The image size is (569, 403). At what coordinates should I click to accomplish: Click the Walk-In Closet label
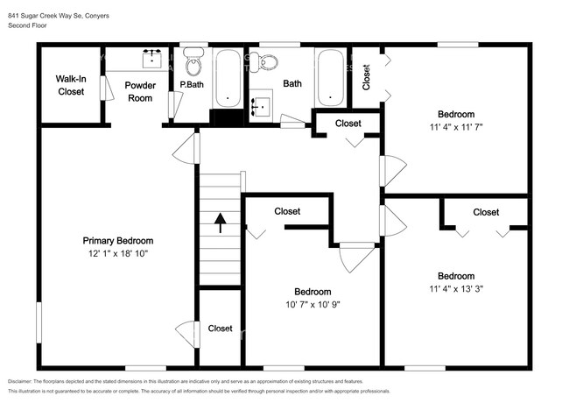(x=70, y=85)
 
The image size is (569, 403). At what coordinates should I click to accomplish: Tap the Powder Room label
(x=139, y=91)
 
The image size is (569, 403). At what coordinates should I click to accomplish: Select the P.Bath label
(x=192, y=85)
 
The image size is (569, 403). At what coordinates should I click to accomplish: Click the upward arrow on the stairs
(x=220, y=223)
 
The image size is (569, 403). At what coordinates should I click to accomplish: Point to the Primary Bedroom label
(x=118, y=241)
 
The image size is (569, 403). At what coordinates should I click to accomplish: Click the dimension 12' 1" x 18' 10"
(x=118, y=255)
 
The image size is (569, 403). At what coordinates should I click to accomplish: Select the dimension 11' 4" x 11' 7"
(x=456, y=128)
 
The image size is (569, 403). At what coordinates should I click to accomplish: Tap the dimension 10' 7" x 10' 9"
(x=312, y=306)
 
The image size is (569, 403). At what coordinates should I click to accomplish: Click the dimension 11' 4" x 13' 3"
(x=456, y=289)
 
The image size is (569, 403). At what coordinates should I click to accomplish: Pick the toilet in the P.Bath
(x=193, y=63)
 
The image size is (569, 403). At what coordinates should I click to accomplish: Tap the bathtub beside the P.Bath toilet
(x=228, y=77)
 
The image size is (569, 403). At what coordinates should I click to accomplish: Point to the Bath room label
(x=292, y=85)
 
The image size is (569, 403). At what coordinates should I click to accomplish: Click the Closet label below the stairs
(x=220, y=329)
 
